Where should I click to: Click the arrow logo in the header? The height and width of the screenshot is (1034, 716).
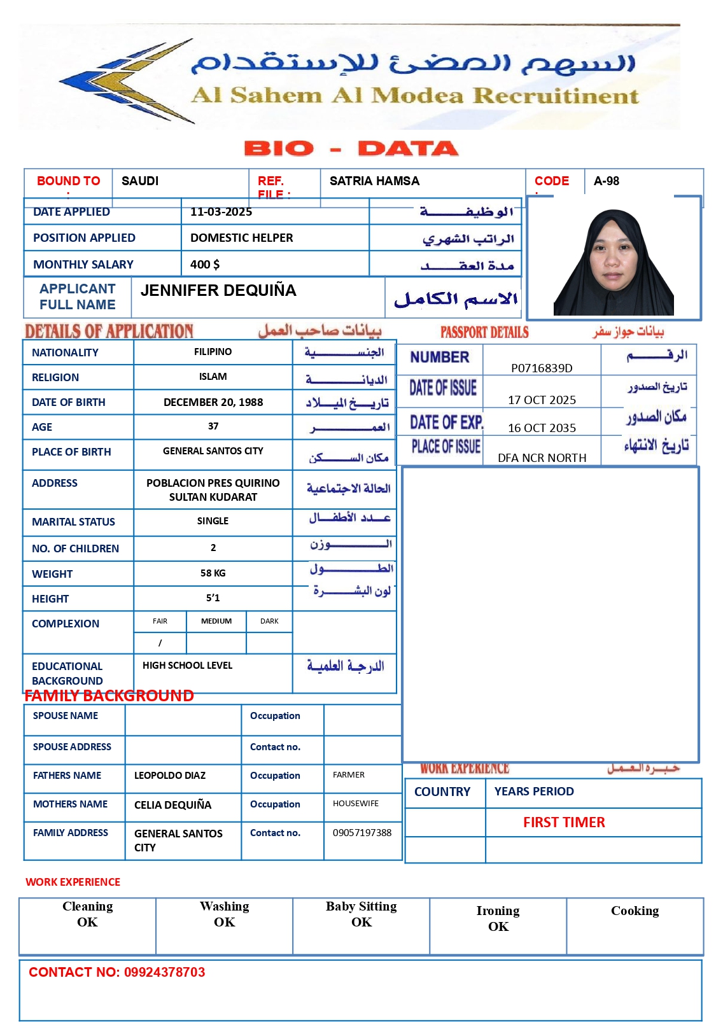tap(127, 81)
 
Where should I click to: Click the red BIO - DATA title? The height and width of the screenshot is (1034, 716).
tap(351, 149)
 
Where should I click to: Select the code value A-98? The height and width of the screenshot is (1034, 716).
tap(606, 181)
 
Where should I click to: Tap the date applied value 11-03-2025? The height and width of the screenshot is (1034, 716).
tap(221, 212)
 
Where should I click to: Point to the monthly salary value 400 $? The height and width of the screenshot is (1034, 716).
tap(204, 265)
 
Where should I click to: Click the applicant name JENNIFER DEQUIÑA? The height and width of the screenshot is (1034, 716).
tap(218, 291)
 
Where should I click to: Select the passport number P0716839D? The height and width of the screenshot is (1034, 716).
tap(542, 368)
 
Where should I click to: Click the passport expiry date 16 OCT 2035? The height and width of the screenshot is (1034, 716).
tap(542, 428)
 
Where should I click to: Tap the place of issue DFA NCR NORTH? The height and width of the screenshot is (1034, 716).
tap(542, 458)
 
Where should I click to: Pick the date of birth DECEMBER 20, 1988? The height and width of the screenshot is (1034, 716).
tap(213, 403)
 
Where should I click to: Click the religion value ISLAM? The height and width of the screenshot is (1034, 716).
tap(213, 377)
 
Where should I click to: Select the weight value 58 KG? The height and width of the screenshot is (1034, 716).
tap(213, 573)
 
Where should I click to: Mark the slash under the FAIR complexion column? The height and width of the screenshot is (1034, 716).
tap(160, 643)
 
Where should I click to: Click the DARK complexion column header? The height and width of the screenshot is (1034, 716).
tap(269, 621)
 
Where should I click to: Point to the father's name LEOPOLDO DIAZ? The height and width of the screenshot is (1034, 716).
tap(170, 776)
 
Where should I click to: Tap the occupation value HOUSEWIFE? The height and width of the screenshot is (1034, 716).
tap(355, 804)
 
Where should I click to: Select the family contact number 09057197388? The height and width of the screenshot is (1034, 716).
tap(362, 833)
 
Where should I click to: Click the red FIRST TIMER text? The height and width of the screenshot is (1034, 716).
tap(564, 823)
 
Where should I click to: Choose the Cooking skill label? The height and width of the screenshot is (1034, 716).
tap(635, 911)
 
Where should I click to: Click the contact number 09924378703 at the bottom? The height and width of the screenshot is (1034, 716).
tap(164, 972)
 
